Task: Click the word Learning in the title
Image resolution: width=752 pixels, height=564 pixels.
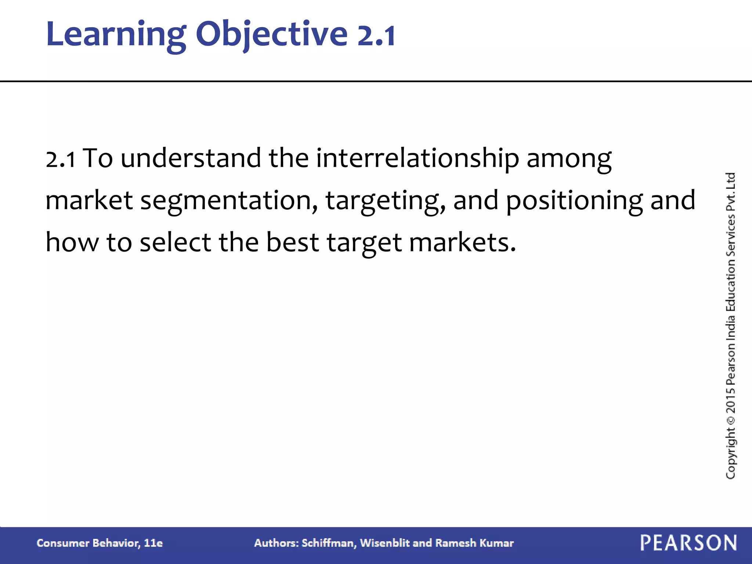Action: [x=116, y=34]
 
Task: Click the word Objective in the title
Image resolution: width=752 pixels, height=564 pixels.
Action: [x=271, y=34]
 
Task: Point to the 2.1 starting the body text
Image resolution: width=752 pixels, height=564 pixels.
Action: [x=61, y=159]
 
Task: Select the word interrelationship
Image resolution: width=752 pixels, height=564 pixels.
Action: [x=417, y=159]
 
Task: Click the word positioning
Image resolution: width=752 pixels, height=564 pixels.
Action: [x=574, y=201]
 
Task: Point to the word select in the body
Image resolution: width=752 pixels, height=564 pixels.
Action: [x=176, y=243]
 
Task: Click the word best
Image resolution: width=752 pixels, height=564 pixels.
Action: [x=292, y=243]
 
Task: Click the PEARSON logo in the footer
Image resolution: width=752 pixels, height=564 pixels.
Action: [x=688, y=543]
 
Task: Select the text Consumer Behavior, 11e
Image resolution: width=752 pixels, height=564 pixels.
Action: [x=100, y=543]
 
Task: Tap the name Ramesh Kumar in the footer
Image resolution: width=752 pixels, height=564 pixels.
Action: [x=474, y=543]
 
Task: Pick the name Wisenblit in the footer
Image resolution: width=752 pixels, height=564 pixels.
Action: [x=384, y=543]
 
